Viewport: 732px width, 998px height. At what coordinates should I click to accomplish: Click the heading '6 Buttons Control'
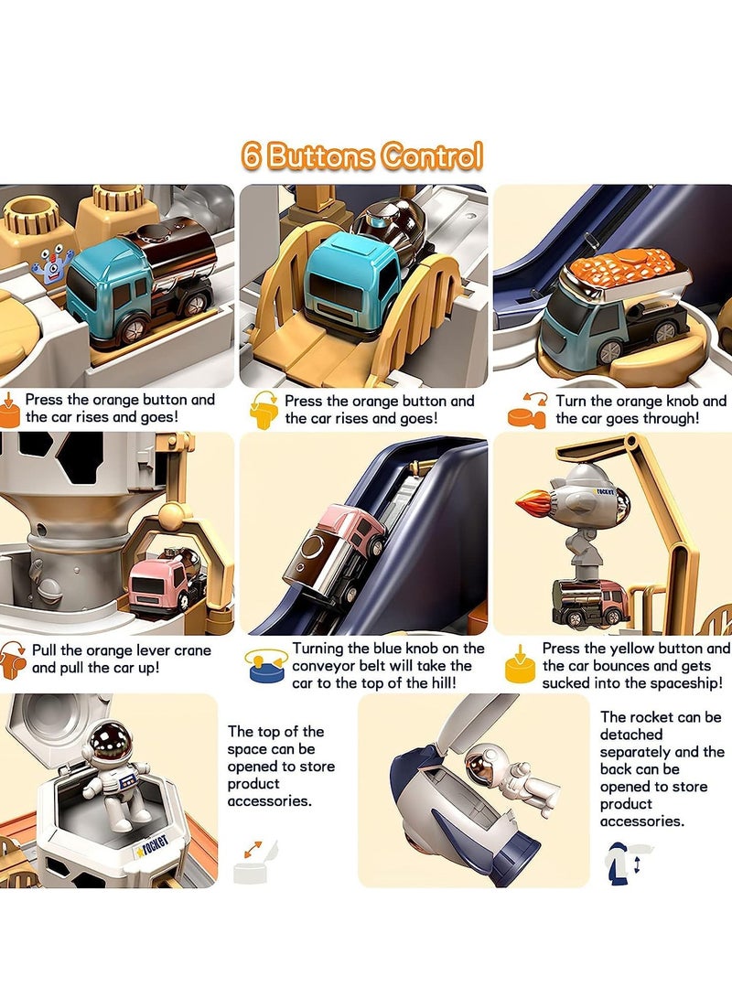[x=361, y=156]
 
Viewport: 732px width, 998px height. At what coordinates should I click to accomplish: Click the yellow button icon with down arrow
[x=520, y=664]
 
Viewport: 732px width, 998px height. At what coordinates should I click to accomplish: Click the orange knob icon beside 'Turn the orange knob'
[x=527, y=411]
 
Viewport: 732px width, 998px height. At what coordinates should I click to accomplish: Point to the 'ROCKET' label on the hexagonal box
[x=152, y=844]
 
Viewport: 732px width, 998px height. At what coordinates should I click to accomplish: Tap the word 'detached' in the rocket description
[x=631, y=735]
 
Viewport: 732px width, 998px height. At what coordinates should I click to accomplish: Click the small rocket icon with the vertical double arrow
[x=628, y=863]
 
